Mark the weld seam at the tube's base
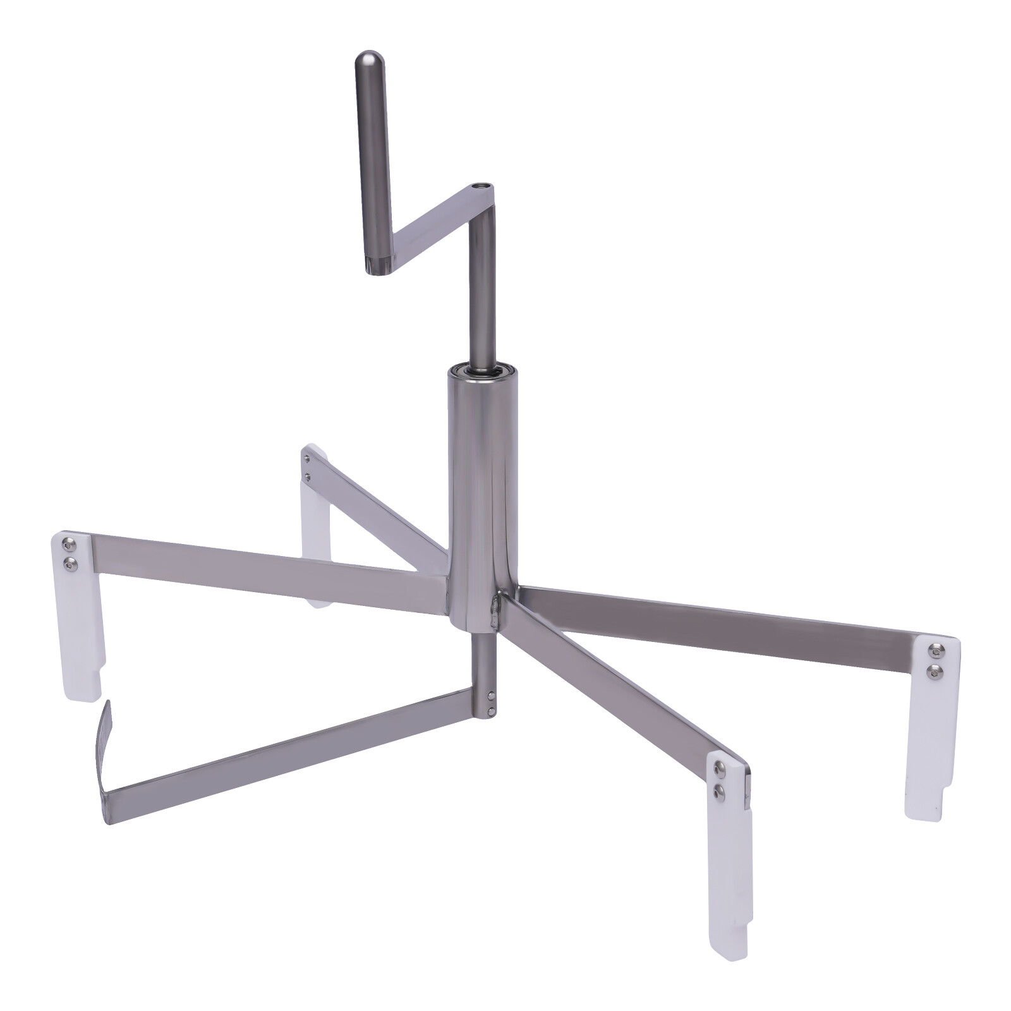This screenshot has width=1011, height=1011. (496, 610)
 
